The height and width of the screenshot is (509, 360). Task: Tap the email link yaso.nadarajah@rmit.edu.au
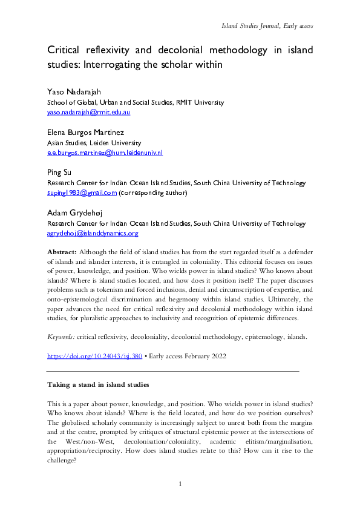point(88,112)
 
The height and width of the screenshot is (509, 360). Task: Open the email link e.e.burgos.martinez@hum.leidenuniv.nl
point(105,153)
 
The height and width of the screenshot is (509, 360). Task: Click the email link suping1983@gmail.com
point(82,193)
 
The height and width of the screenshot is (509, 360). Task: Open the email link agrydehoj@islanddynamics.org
point(93,233)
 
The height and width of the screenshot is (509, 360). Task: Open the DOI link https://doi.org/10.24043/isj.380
point(94,356)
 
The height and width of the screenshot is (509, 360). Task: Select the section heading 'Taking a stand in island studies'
point(97,384)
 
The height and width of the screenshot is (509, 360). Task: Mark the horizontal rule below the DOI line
point(173,369)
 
